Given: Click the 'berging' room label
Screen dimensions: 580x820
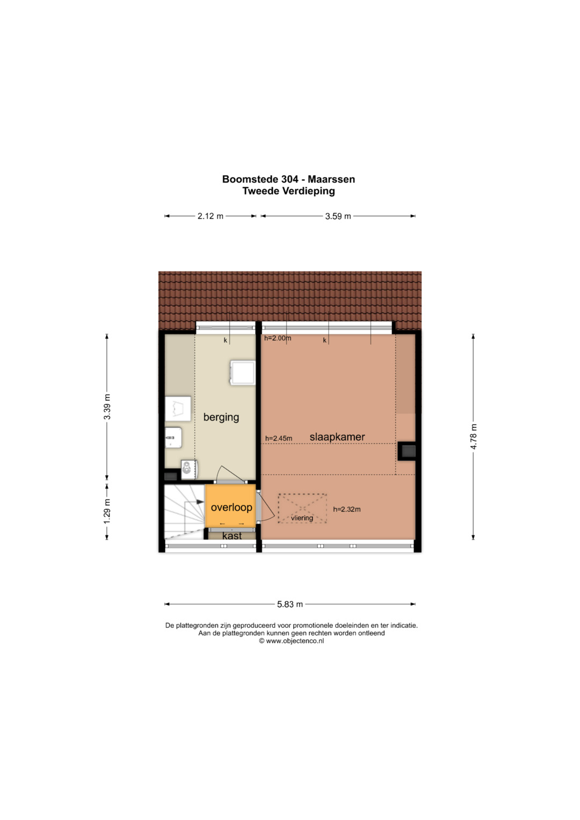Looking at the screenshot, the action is tap(221, 417).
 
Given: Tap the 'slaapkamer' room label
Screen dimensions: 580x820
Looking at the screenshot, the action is tap(337, 437).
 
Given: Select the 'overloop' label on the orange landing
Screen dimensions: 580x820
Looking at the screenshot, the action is tap(231, 507).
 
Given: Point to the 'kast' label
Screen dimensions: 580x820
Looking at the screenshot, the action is tap(232, 536).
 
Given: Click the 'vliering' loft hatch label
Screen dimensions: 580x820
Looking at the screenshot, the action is tap(302, 518).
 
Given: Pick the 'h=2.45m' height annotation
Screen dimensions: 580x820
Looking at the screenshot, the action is tap(279, 438).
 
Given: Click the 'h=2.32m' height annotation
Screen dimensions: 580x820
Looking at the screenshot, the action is tap(347, 509).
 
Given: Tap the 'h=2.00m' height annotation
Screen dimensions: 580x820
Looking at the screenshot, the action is tap(278, 338).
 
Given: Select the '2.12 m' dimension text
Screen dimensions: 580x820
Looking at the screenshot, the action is tap(211, 216).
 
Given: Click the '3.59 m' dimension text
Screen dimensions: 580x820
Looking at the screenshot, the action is tap(338, 216).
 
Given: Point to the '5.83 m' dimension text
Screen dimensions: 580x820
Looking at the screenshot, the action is tap(290, 604).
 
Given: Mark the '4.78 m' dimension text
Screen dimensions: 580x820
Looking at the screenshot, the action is tap(474, 437).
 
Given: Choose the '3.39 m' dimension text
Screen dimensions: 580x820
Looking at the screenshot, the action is tap(107, 407).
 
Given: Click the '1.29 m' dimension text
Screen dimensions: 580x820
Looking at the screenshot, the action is tap(107, 511).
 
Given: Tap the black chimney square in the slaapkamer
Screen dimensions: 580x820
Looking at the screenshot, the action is tap(407, 451).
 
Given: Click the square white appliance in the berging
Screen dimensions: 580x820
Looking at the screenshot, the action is tap(242, 373).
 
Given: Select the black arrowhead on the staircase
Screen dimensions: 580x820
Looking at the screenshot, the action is tap(200, 502).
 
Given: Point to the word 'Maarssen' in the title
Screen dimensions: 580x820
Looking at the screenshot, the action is tap(331, 179).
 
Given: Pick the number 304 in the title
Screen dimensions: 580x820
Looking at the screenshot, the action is tap(289, 179).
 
